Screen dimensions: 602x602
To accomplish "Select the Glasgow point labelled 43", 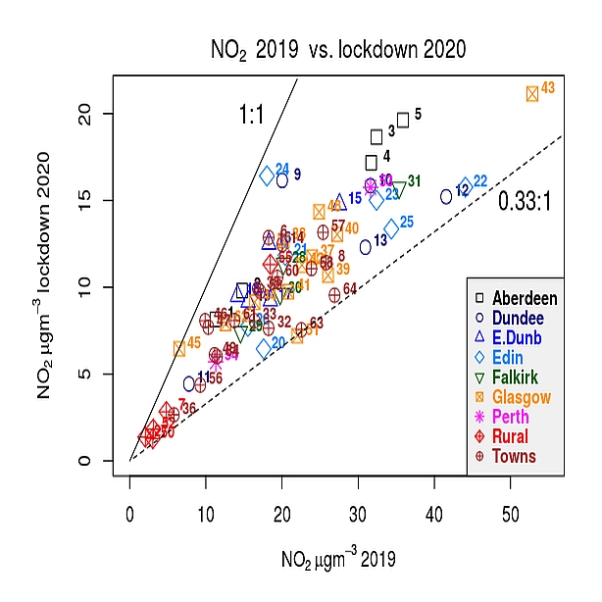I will [x=532, y=93].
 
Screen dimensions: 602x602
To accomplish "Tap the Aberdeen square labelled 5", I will [x=403, y=120].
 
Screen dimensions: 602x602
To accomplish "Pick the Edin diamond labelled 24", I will [x=267, y=176].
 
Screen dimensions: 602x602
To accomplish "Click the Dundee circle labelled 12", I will [x=446, y=196].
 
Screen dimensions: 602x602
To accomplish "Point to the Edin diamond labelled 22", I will [x=465, y=185].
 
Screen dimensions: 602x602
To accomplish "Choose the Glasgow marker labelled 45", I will [x=179, y=348].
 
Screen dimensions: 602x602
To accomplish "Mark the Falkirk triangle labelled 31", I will [x=399, y=189].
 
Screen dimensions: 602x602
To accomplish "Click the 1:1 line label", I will [x=252, y=116].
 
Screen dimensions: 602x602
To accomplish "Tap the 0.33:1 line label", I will [x=525, y=202].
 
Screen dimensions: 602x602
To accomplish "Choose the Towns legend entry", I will [x=514, y=456].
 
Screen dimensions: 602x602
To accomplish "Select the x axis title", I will [x=338, y=560].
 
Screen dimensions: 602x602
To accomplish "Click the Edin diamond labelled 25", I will [x=391, y=228].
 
